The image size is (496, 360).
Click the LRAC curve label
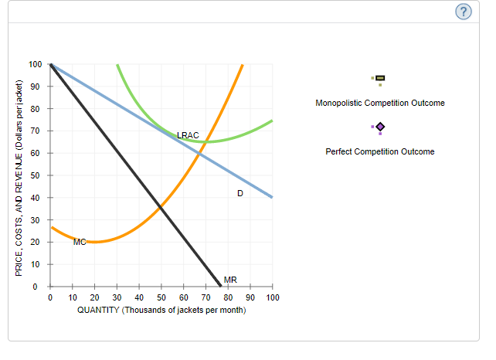pyautogui.click(x=188, y=135)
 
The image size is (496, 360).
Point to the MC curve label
pyautogui.click(x=80, y=242)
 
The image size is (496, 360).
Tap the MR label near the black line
pyautogui.click(x=230, y=279)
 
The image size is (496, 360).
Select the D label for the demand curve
pyautogui.click(x=240, y=193)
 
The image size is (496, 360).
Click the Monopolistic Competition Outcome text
pyautogui.click(x=379, y=103)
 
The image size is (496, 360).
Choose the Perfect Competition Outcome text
pyautogui.click(x=379, y=151)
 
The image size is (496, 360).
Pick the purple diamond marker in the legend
pyautogui.click(x=379, y=127)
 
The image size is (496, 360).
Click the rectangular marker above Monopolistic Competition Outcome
pyautogui.click(x=379, y=78)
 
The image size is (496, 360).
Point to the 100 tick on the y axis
pyautogui.click(x=35, y=64)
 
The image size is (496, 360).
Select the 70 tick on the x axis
pyautogui.click(x=206, y=297)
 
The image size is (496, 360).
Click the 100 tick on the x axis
pyautogui.click(x=273, y=297)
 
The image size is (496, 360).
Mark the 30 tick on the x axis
pyautogui.click(x=117, y=297)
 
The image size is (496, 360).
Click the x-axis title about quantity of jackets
pyautogui.click(x=161, y=310)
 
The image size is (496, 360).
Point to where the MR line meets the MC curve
pyautogui.click(x=160, y=205)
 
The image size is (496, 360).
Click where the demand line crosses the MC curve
pyautogui.click(x=199, y=154)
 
